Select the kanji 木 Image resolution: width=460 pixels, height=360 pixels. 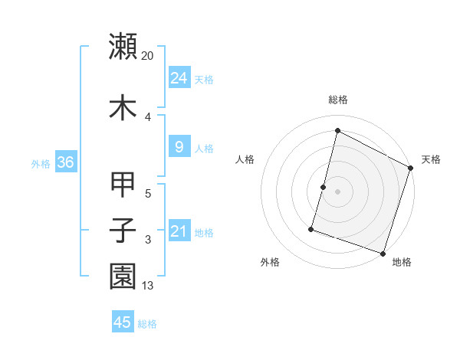pos(123,107)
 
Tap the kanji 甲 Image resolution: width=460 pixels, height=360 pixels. pos(123,185)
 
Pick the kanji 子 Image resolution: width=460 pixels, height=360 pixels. pos(123,231)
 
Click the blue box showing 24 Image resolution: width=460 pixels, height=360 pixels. pos(179,78)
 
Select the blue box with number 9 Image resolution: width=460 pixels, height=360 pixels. pos(179,147)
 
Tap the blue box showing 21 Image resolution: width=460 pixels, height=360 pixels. pos(179,232)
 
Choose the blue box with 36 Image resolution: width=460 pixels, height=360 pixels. pos(65,162)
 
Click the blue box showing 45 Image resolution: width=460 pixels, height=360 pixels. pos(123,322)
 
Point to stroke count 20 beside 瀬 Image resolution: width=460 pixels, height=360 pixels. pos(148,56)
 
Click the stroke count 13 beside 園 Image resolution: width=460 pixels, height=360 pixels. pos(149,286)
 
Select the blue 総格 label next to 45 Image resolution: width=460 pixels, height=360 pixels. pos(147,324)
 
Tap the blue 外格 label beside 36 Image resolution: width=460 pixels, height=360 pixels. pos(41,163)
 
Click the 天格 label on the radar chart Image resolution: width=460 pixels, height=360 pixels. pos(431,159)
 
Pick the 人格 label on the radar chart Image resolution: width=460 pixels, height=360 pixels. pos(245,159)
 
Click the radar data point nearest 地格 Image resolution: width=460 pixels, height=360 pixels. pos(383,253)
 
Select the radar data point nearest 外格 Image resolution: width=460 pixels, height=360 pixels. pos(312,228)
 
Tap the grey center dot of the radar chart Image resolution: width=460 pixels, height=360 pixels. pos(337,191)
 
